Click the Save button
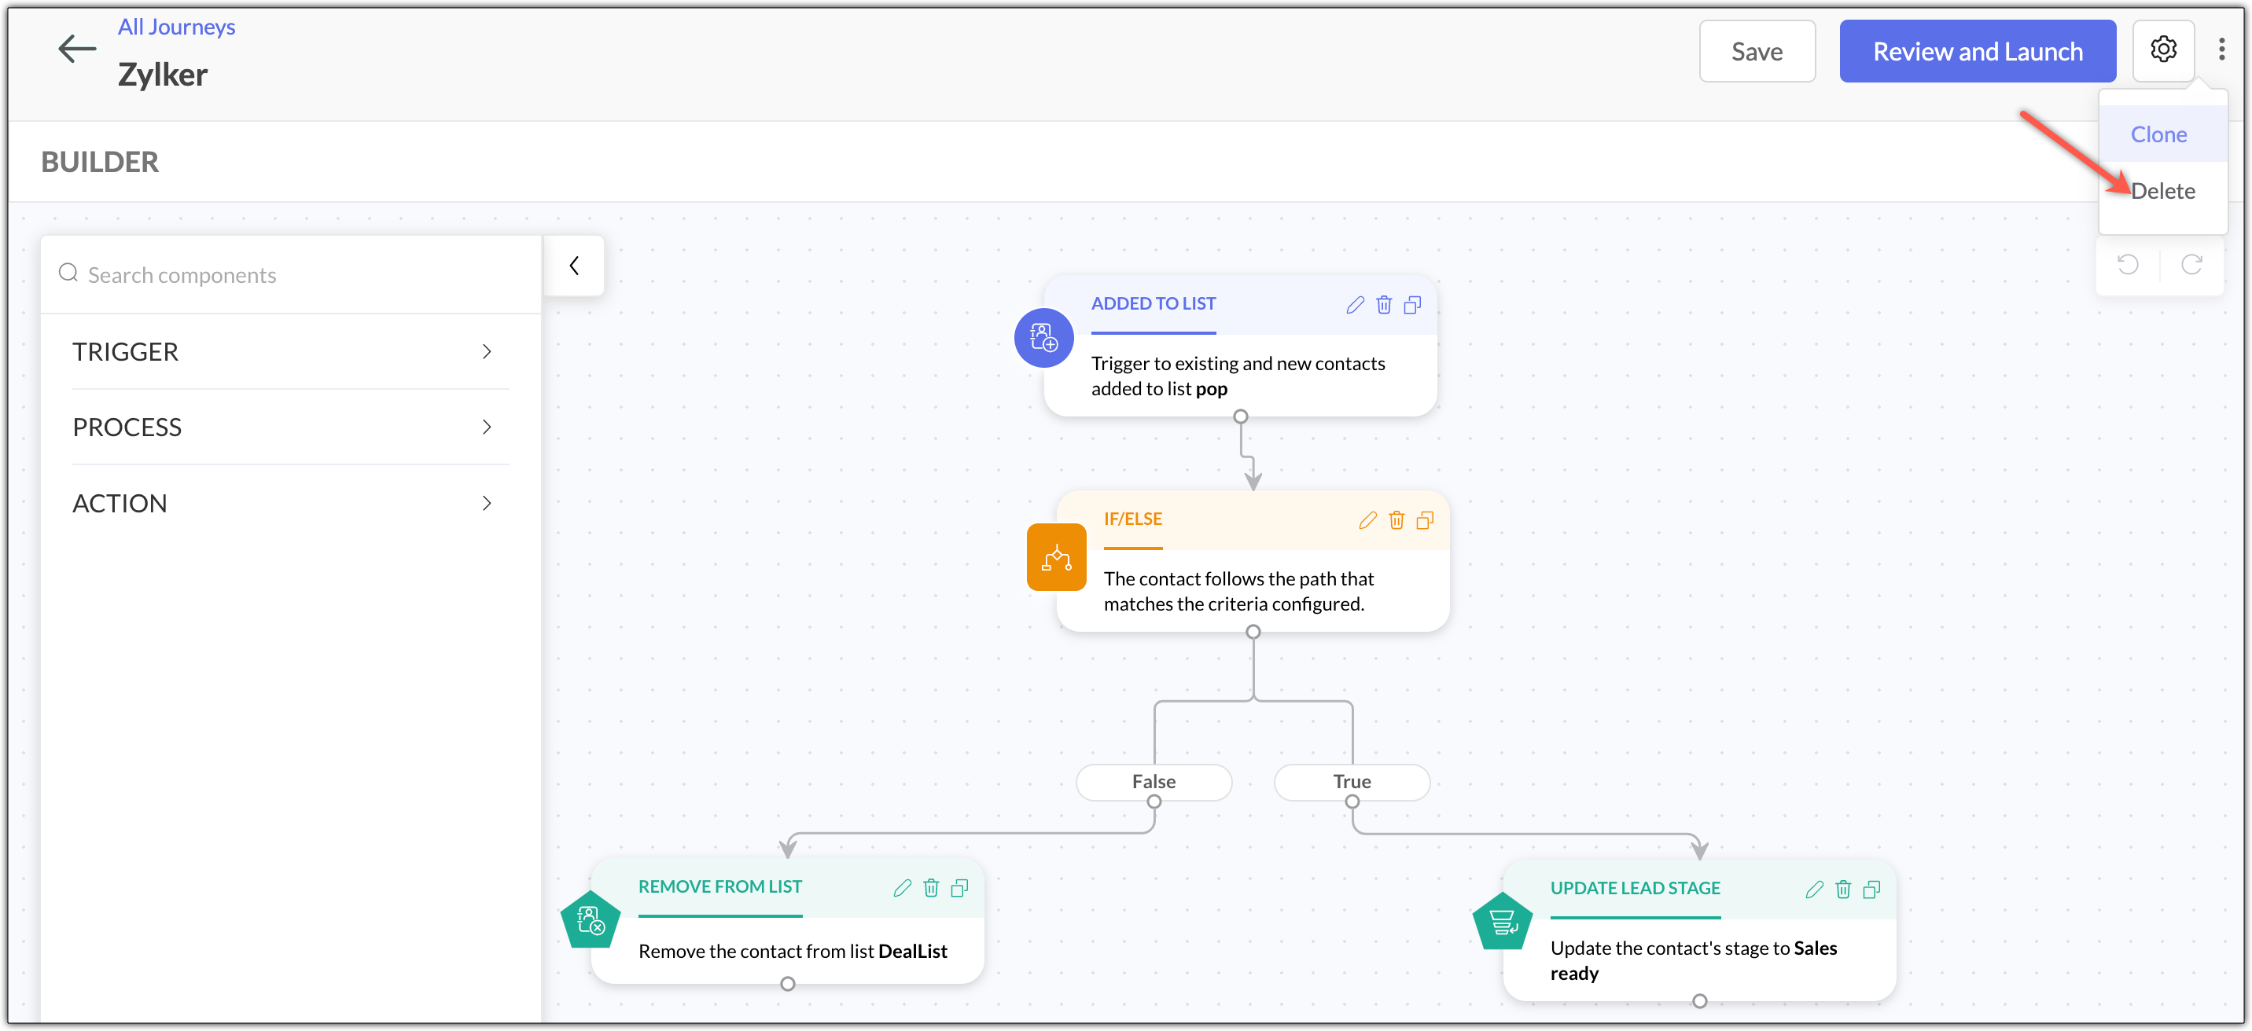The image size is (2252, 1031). pyautogui.click(x=1757, y=52)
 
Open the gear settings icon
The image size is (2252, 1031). pyautogui.click(x=2163, y=50)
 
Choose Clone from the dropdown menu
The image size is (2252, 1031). pyautogui.click(x=2158, y=134)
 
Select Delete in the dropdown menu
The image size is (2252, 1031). pyautogui.click(x=2163, y=191)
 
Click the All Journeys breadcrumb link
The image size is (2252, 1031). pyautogui.click(x=177, y=27)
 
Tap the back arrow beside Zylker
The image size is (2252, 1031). pyautogui.click(x=77, y=49)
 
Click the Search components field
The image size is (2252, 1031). pyautogui.click(x=291, y=275)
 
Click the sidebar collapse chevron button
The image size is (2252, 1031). pyautogui.click(x=574, y=266)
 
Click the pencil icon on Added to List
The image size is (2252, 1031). pyautogui.click(x=1354, y=305)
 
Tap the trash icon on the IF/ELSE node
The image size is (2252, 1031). pyautogui.click(x=1396, y=521)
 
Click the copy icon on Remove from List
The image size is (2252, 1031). pyautogui.click(x=959, y=889)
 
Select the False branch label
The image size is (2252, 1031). pyautogui.click(x=1154, y=782)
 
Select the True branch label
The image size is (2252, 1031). pyautogui.click(x=1352, y=782)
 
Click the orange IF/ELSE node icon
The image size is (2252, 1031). pyautogui.click(x=1056, y=557)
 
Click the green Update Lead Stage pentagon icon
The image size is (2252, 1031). pyautogui.click(x=1502, y=922)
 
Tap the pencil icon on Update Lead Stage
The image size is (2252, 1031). pyautogui.click(x=1814, y=890)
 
